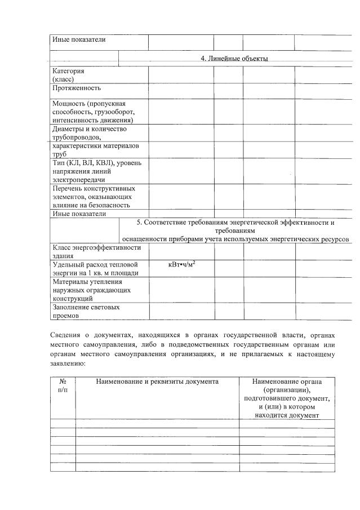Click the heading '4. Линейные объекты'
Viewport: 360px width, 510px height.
[x=234, y=59]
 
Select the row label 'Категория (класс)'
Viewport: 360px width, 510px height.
[x=69, y=76]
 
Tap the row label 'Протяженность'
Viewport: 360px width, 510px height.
[x=77, y=88]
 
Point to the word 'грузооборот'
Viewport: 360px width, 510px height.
[x=110, y=112]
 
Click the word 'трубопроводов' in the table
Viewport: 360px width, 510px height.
[x=77, y=138]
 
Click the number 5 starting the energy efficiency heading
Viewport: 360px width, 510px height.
[x=139, y=223]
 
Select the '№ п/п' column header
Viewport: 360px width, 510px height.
[x=63, y=387]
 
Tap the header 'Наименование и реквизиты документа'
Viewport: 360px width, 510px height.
[x=157, y=382]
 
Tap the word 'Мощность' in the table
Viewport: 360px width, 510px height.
[x=68, y=103]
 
